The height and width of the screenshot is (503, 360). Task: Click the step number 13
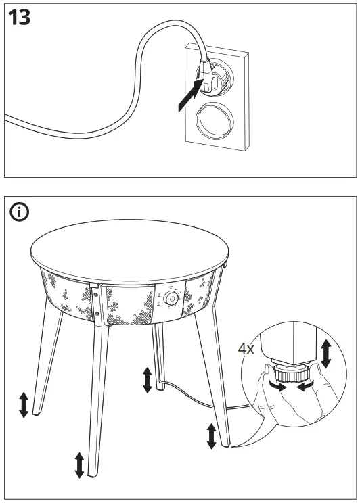(20, 18)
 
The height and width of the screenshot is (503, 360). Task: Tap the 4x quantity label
(246, 350)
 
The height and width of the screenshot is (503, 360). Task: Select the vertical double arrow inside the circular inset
(325, 354)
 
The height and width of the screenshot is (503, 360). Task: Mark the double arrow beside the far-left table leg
(23, 404)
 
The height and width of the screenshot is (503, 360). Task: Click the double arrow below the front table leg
(79, 464)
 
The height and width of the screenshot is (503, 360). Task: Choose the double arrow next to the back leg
(147, 380)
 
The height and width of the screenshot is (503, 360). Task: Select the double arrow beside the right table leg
(212, 435)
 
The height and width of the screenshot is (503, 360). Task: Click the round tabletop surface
(129, 250)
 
